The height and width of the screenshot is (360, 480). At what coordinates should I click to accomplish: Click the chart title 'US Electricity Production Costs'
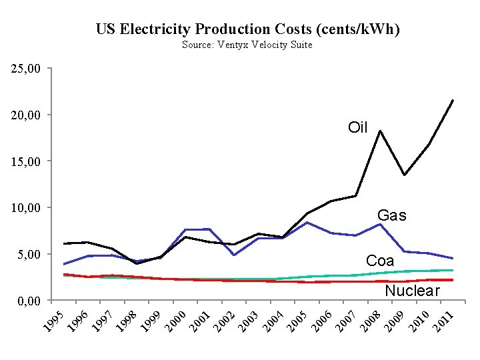coord(247,29)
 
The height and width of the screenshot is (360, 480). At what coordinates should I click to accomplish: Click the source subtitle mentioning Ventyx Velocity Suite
coord(247,45)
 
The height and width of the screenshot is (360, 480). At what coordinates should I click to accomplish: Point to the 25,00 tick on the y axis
coord(26,69)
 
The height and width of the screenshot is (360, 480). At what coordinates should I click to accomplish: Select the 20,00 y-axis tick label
coord(26,115)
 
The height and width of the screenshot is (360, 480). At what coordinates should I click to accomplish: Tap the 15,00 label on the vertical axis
coord(26,161)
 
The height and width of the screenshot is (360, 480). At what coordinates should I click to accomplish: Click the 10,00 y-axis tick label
coord(26,208)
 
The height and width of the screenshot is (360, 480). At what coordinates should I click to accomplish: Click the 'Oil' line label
coord(358,127)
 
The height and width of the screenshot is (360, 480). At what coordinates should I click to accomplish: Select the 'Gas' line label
coord(391,215)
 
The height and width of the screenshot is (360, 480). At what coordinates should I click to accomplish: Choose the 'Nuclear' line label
coord(412,291)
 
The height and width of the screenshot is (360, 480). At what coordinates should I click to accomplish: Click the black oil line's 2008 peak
coord(379,131)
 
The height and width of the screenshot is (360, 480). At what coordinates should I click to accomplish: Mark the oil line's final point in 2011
coord(453,101)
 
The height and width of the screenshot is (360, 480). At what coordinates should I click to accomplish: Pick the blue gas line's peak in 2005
coord(306,222)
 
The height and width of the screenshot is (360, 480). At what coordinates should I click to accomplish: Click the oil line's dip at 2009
coord(404,175)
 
